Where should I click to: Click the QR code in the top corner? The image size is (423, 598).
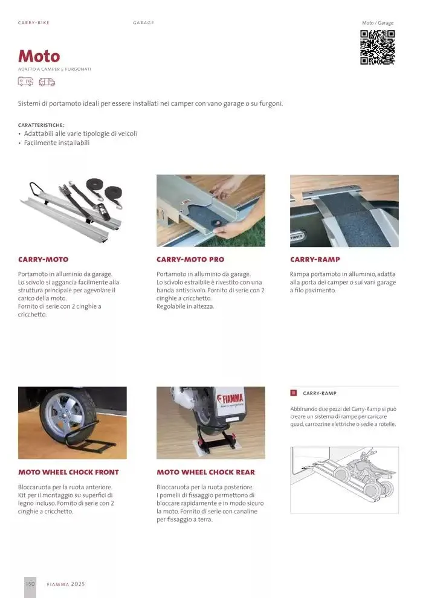point(378,47)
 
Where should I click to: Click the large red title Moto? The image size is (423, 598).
point(39,56)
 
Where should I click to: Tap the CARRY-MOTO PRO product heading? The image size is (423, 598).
point(190,260)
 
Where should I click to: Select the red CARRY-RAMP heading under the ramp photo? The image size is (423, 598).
point(315,260)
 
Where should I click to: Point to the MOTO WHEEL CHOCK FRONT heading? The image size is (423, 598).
point(68,472)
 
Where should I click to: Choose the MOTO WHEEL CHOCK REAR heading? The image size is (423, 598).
point(205,472)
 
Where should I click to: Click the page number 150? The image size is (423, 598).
point(30,584)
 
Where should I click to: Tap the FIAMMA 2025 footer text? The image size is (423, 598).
point(66,584)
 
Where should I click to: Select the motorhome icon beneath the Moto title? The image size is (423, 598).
point(25,82)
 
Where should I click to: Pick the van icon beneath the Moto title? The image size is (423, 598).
point(47,82)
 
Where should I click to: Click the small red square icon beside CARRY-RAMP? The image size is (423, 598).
point(294,393)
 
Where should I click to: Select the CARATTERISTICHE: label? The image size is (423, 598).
point(41,125)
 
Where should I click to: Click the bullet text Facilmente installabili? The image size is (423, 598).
point(57,143)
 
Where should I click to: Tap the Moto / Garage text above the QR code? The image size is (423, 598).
point(378,23)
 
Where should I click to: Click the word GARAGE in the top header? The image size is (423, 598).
point(143,23)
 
